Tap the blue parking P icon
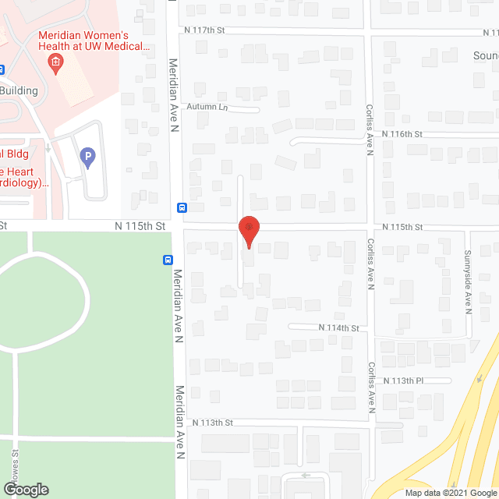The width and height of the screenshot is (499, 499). coord(88,159)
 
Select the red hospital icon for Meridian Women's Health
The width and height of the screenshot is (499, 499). coord(55,61)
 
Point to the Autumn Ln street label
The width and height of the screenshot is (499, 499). coord(206,107)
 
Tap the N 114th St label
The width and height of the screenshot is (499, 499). coord(338,328)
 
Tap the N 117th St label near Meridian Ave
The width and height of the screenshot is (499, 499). coord(205,30)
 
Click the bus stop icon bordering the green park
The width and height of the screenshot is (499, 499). coord(168,260)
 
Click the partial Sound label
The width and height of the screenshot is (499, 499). coord(485,56)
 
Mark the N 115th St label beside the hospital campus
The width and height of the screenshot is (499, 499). coord(140,225)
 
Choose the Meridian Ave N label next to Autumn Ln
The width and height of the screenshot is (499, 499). coord(176,97)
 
